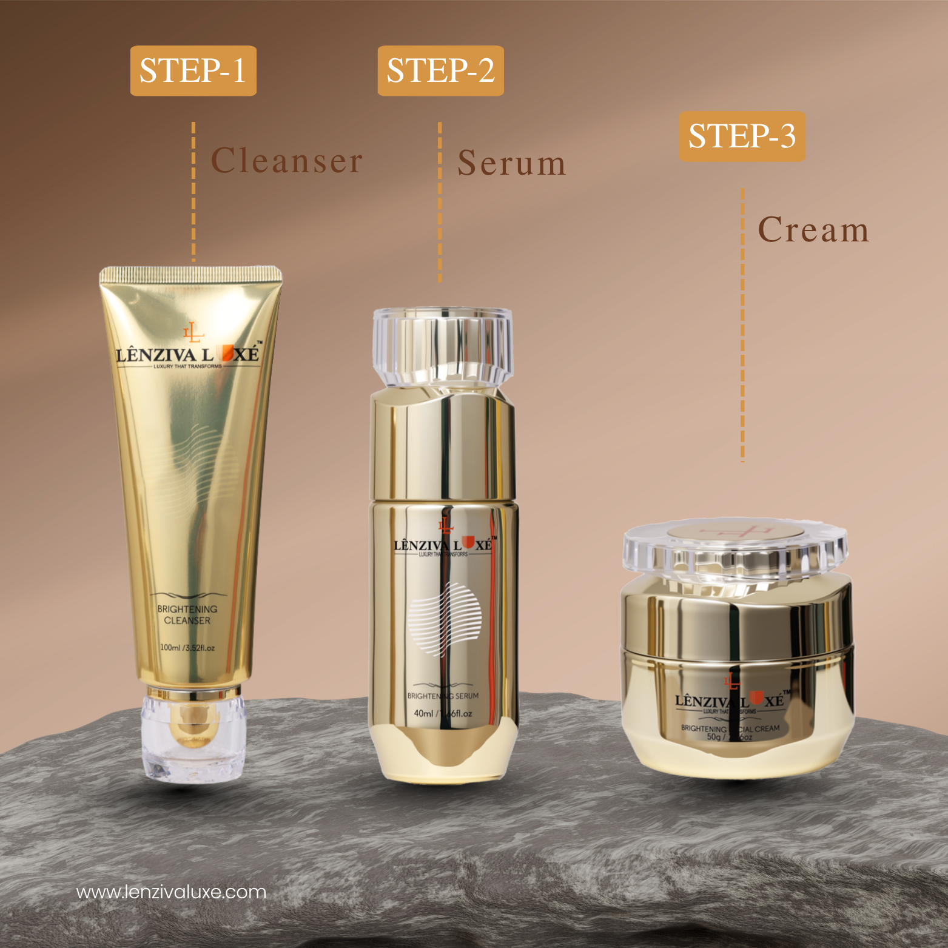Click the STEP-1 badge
click(193, 70)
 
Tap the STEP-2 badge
click(440, 70)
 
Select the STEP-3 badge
click(742, 136)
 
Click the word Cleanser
click(286, 161)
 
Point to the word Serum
click(512, 163)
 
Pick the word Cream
click(813, 230)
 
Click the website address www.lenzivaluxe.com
click(171, 892)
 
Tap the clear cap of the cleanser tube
click(193, 735)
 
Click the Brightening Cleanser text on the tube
click(187, 614)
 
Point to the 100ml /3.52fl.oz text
click(187, 648)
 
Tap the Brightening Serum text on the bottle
click(443, 696)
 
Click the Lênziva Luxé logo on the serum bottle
click(444, 543)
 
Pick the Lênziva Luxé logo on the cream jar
click(731, 701)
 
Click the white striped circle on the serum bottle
click(445, 619)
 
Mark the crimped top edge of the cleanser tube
click(190, 274)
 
